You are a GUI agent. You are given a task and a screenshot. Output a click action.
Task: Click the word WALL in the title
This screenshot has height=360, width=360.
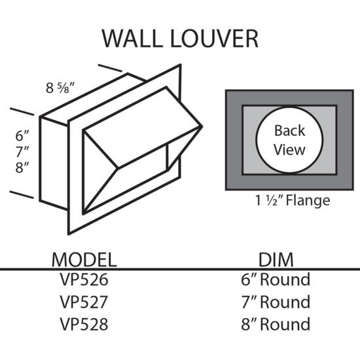(x=132, y=39)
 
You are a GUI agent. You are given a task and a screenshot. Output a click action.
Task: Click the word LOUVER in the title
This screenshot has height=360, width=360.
(x=215, y=39)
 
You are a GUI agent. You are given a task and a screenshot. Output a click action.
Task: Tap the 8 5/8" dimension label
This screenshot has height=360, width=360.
(x=60, y=88)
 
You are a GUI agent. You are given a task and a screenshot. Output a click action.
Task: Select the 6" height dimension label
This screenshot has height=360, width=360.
(x=22, y=135)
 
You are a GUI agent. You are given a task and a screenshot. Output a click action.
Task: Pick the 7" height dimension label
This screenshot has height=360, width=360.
(x=22, y=151)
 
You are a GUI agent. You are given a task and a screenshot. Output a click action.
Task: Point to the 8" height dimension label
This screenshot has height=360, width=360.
(x=22, y=168)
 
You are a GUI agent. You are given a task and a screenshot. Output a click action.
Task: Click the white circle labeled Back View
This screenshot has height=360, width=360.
(x=289, y=139)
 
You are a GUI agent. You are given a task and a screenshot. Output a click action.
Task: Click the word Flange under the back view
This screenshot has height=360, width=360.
(x=308, y=200)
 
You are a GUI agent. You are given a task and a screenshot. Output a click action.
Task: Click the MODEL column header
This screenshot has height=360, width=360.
(x=84, y=260)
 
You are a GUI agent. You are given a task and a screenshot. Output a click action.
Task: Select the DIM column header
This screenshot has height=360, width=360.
(x=276, y=260)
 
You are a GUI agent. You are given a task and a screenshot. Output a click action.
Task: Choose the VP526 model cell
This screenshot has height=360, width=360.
(x=84, y=279)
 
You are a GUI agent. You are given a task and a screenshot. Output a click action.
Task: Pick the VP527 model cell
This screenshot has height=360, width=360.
(x=84, y=302)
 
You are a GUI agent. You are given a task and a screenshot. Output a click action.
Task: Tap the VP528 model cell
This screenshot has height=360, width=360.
(x=84, y=324)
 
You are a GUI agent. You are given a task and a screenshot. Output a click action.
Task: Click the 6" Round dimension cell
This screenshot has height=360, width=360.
(x=276, y=279)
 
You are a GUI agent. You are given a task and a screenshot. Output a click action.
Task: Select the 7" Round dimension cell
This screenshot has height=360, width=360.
(x=276, y=302)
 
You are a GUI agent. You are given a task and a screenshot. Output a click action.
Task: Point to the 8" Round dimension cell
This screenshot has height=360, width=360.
(x=276, y=324)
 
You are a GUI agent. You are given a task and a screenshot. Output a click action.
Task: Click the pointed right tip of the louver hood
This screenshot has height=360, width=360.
(x=202, y=126)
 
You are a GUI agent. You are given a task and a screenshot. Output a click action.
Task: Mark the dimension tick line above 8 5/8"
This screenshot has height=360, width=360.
(x=110, y=68)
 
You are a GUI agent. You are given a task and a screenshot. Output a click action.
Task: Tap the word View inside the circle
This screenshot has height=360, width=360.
(x=289, y=150)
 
